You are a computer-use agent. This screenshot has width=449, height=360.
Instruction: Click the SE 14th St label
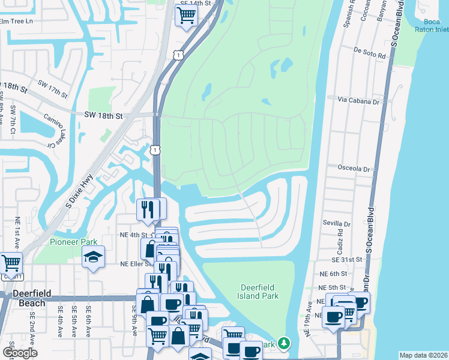click(x=196, y=3)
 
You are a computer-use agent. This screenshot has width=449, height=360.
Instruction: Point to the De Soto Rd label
click(x=370, y=55)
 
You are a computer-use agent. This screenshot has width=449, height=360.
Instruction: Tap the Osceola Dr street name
click(x=354, y=169)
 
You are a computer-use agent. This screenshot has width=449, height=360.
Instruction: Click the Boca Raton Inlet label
click(x=432, y=25)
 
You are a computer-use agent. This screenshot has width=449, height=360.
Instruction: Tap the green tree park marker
click(x=283, y=344)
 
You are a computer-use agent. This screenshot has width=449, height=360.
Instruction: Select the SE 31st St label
click(x=347, y=259)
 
